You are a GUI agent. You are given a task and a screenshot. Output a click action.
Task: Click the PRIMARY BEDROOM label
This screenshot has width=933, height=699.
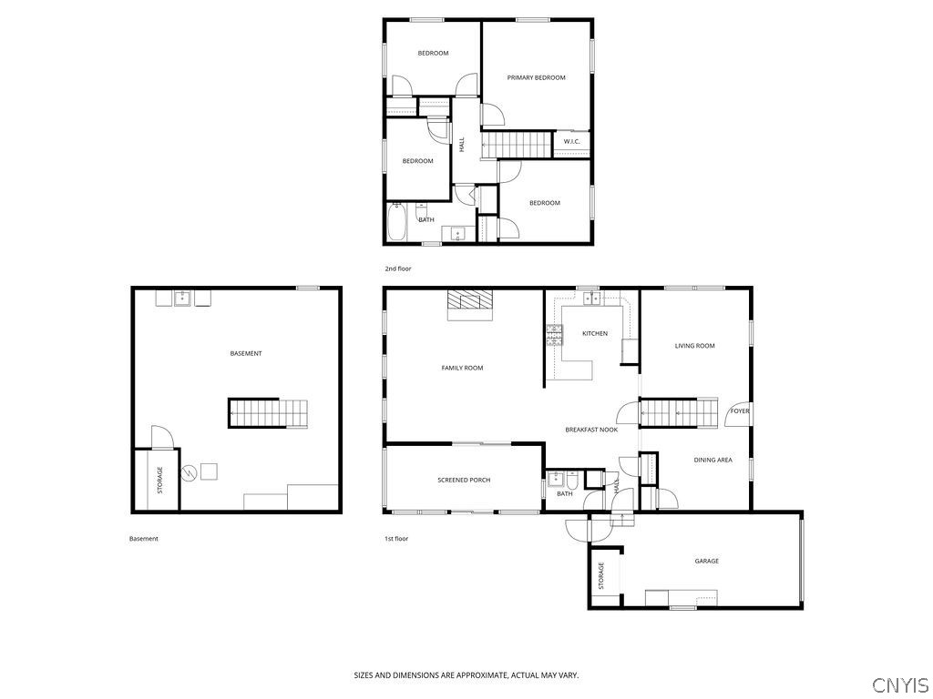pos(536,77)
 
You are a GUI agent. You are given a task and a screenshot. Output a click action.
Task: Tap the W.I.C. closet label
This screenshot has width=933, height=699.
pos(571,141)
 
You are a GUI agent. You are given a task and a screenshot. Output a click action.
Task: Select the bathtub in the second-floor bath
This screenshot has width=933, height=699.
pos(397,223)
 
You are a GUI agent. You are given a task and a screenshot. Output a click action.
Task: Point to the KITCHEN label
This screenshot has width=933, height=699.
pos(594,334)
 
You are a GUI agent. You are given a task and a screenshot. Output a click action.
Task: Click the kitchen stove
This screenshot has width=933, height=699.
pos(553,336)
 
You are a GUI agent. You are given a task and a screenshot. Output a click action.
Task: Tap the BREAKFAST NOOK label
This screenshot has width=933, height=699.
pos(591,430)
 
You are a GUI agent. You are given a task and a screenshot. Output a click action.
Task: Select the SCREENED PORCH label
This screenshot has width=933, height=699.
pos(464,480)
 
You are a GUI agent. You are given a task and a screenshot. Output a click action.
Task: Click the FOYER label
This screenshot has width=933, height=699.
pos(740,411)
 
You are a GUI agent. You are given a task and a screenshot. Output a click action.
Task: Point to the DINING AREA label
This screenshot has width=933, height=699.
pos(713,461)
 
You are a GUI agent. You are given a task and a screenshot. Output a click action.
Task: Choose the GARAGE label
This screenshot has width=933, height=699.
pos(706,561)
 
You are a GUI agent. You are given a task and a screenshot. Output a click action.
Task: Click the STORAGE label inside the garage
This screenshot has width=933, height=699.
pos(601,575)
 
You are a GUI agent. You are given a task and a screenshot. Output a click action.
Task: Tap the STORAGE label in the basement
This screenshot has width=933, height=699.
pos(160,480)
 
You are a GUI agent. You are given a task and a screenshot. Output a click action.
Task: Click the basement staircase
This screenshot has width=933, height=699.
pos(267,413)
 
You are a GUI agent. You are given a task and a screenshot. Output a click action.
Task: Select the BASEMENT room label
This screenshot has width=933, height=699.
pos(246,353)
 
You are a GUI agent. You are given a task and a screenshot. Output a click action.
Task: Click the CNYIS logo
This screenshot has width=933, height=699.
pos(899,684)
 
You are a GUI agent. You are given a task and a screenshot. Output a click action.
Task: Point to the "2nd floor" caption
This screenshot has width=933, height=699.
pos(398,269)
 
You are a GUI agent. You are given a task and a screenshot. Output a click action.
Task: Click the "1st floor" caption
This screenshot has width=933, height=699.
pos(396,539)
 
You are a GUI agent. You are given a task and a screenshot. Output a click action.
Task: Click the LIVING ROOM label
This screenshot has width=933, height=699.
pos(694,346)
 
